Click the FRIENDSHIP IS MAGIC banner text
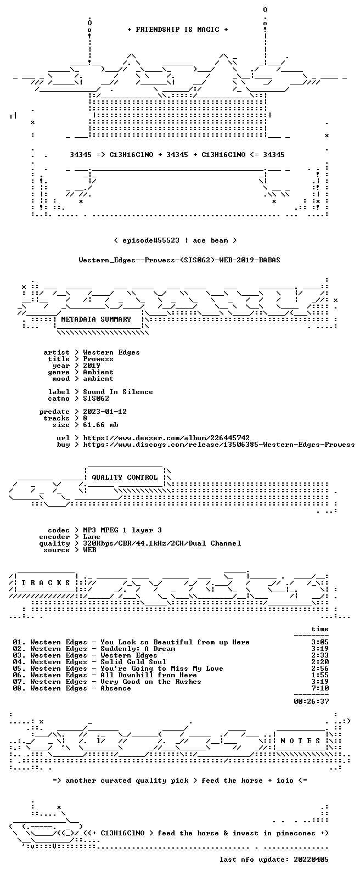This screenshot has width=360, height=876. click(177, 30)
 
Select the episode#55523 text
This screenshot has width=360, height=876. click(151, 240)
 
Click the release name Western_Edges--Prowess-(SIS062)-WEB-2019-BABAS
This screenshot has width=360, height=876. click(179, 260)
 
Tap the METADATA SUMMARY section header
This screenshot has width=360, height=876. click(96, 319)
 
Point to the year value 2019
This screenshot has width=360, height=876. click(92, 366)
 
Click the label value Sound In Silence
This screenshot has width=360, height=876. click(117, 392)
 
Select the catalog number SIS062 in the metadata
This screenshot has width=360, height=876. click(96, 398)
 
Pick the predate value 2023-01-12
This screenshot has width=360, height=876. click(105, 412)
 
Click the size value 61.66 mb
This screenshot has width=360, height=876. click(100, 425)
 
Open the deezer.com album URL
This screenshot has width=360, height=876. click(166, 438)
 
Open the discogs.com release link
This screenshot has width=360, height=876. click(219, 445)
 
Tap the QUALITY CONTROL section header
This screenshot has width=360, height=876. click(125, 478)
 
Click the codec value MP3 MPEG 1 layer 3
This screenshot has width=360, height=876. click(122, 530)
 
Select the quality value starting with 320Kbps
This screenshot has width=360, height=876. click(162, 543)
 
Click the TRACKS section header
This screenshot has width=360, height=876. click(46, 583)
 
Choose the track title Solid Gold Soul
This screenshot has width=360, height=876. click(133, 662)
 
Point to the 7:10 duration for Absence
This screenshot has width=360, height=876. click(320, 688)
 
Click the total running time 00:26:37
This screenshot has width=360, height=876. click(311, 701)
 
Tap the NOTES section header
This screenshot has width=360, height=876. click(300, 741)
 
